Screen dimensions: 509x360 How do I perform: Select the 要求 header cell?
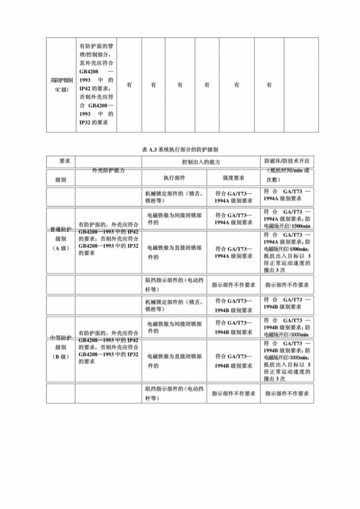(64, 161)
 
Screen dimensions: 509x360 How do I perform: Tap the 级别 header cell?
(61, 180)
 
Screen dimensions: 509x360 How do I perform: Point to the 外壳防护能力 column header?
(108, 170)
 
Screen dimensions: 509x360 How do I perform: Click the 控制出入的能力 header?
(201, 162)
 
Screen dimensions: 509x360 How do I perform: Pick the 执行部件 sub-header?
(174, 178)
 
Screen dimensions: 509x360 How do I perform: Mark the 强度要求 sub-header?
(234, 178)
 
